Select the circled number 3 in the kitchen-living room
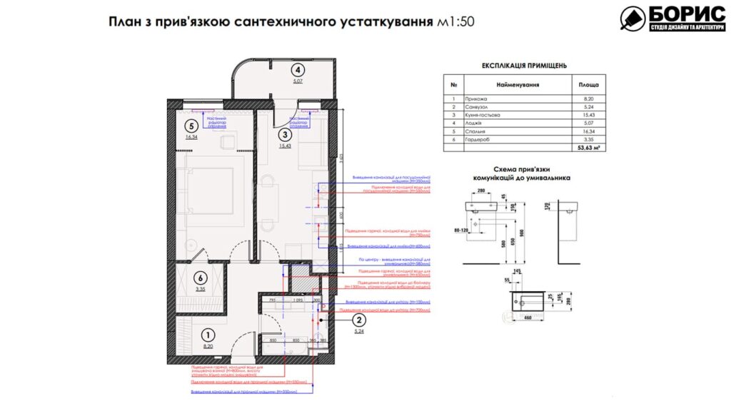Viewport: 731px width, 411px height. tap(285, 134)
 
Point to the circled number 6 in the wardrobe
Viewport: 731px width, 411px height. tap(201, 278)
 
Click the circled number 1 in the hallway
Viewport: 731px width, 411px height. tap(207, 334)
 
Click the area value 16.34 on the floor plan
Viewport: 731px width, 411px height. tap(191, 137)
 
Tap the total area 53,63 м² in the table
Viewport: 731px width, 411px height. tap(588, 148)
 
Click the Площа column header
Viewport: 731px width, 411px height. tap(588, 84)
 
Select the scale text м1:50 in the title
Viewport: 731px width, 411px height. tap(455, 21)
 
